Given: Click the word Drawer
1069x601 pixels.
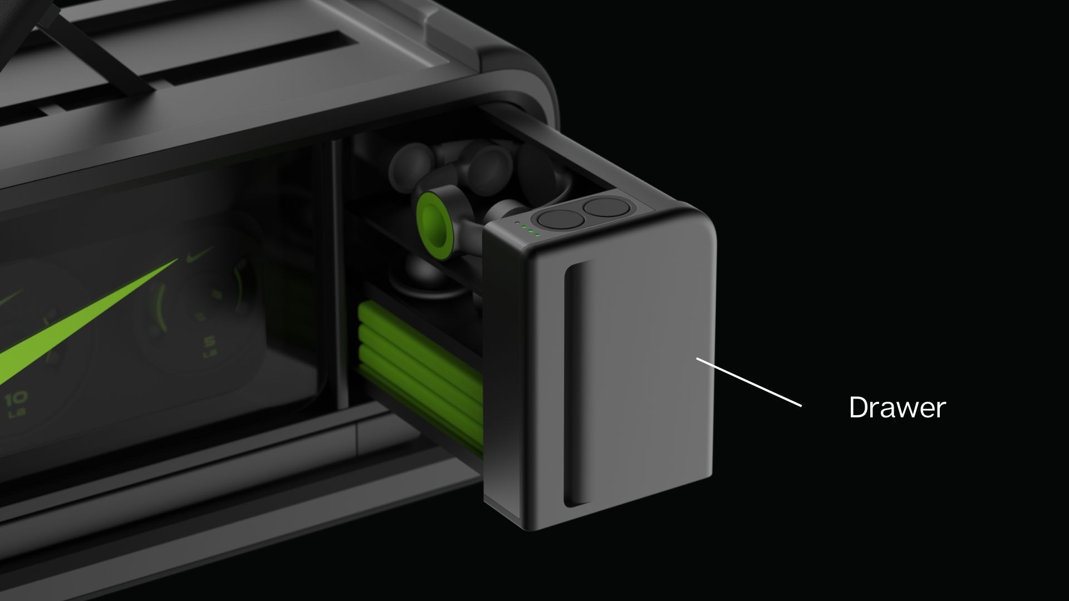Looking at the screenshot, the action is [x=897, y=407].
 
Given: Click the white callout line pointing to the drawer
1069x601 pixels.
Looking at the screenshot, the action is [x=749, y=382].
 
